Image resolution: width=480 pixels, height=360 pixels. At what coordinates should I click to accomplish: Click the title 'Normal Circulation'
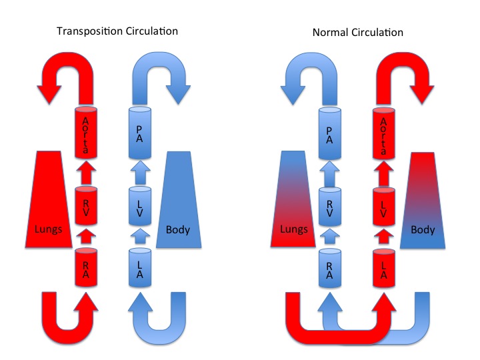358,31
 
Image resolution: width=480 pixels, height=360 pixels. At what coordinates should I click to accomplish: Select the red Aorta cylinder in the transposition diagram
85,131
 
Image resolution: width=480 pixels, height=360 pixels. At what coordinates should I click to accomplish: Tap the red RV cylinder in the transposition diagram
85,207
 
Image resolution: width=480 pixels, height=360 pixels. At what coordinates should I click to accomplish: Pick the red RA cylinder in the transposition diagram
85,267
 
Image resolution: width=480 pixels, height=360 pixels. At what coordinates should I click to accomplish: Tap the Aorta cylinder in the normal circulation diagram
384,131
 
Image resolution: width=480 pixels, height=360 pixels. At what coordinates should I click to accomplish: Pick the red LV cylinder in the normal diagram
384,208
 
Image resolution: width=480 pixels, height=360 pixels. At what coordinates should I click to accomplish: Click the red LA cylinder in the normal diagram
384,267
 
